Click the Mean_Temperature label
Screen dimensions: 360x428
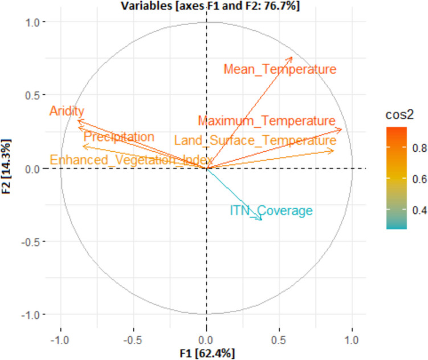pos(280,70)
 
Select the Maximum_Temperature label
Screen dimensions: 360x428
pos(266,121)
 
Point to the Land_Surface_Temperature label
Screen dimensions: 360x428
pos(255,140)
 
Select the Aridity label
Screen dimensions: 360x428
pos(67,111)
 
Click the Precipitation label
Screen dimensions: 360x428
pos(119,137)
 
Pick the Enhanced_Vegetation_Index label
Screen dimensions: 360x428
pos(131,160)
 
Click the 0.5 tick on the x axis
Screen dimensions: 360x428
pos(279,338)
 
